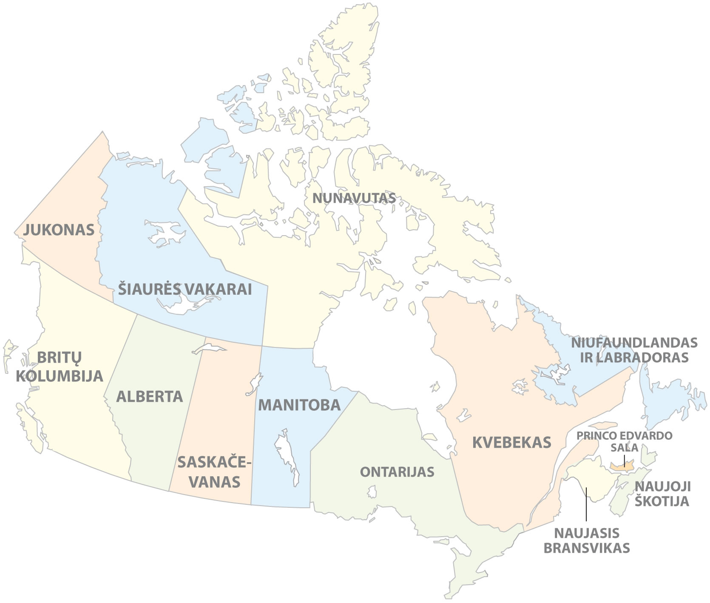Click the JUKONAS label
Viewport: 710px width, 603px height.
tap(59, 230)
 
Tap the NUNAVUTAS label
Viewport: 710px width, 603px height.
tap(354, 198)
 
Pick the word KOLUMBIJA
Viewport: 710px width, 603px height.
tap(60, 376)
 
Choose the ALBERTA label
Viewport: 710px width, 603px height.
tap(150, 396)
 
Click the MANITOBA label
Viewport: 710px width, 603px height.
tap(299, 405)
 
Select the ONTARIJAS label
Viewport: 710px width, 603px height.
tap(397, 472)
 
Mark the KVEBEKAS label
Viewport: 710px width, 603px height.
tap(511, 443)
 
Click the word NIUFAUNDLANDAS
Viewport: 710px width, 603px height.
tap(634, 343)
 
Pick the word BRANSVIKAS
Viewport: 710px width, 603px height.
tap(586, 548)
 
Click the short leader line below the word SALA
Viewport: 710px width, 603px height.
tap(624, 461)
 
